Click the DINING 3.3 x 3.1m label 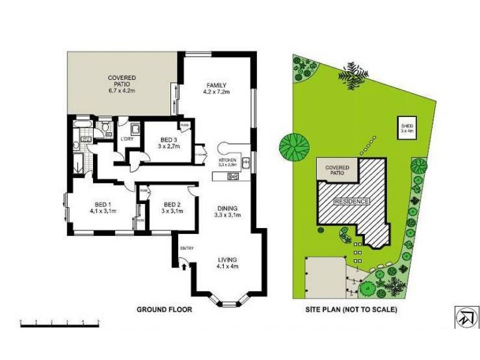point(228,211)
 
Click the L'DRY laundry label point(127,139)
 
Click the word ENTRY point(187,247)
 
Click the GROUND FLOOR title point(164,310)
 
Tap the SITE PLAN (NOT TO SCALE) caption point(350,310)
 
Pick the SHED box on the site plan point(407,128)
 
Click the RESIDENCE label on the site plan point(352,201)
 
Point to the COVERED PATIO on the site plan point(337,170)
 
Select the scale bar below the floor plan point(59,323)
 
